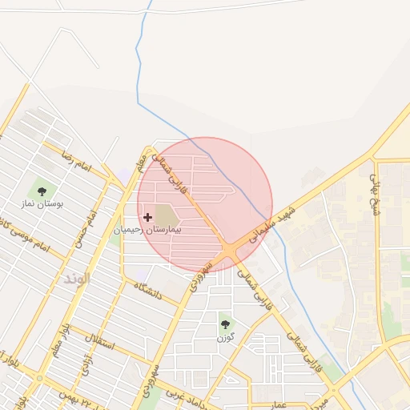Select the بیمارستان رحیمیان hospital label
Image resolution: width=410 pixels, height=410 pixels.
tap(147, 229)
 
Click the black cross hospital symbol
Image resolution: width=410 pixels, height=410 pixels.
tap(147, 216)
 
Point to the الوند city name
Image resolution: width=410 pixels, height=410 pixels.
tap(78, 279)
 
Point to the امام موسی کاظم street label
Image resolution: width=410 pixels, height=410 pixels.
tap(24, 239)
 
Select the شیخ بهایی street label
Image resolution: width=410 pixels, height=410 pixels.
tap(374, 188)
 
